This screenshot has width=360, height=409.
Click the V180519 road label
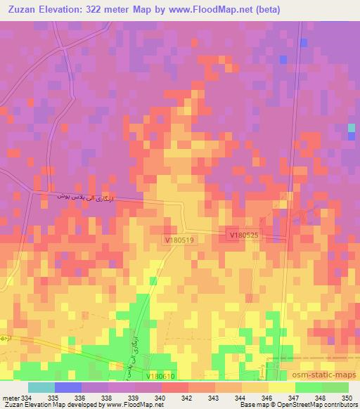pyautogui.click(x=179, y=240)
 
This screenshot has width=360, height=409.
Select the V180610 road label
pyautogui.click(x=162, y=376)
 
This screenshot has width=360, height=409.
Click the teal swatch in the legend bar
pyautogui.click(x=41, y=387)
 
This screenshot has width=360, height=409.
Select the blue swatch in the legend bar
pyautogui.click(x=68, y=387)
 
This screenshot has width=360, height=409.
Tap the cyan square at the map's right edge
pyautogui.click(x=352, y=128)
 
